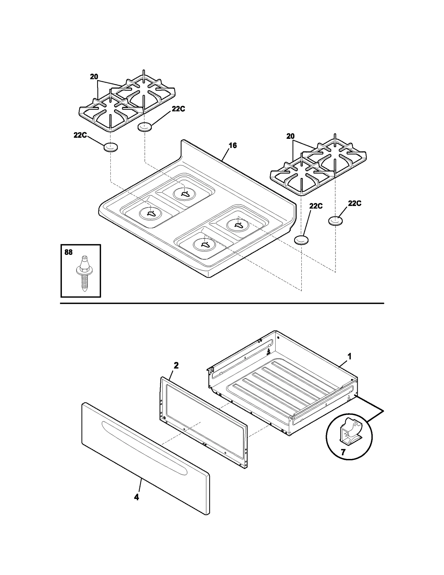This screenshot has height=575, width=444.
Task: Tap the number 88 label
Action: pos(69,252)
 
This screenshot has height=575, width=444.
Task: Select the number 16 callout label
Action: pos(233,145)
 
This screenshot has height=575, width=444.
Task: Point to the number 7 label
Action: pos(343,452)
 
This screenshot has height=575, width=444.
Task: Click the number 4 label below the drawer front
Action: pos(136,497)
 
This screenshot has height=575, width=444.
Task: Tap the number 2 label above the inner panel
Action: pos(176,365)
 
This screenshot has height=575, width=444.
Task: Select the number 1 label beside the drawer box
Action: pos(350,356)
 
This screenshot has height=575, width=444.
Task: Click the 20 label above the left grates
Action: pos(94,77)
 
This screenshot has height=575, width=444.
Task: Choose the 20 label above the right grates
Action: pos(290,136)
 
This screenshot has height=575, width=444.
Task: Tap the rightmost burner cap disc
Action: pos(335,221)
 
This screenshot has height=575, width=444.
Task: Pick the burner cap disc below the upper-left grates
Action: pos(145,127)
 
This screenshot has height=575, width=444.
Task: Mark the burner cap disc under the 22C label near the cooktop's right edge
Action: pos(301,240)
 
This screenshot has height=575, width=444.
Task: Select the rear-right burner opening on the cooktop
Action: pos(238,225)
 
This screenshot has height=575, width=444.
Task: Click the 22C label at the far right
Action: pos(355,204)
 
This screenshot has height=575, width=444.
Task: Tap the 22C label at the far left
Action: pos(80,135)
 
